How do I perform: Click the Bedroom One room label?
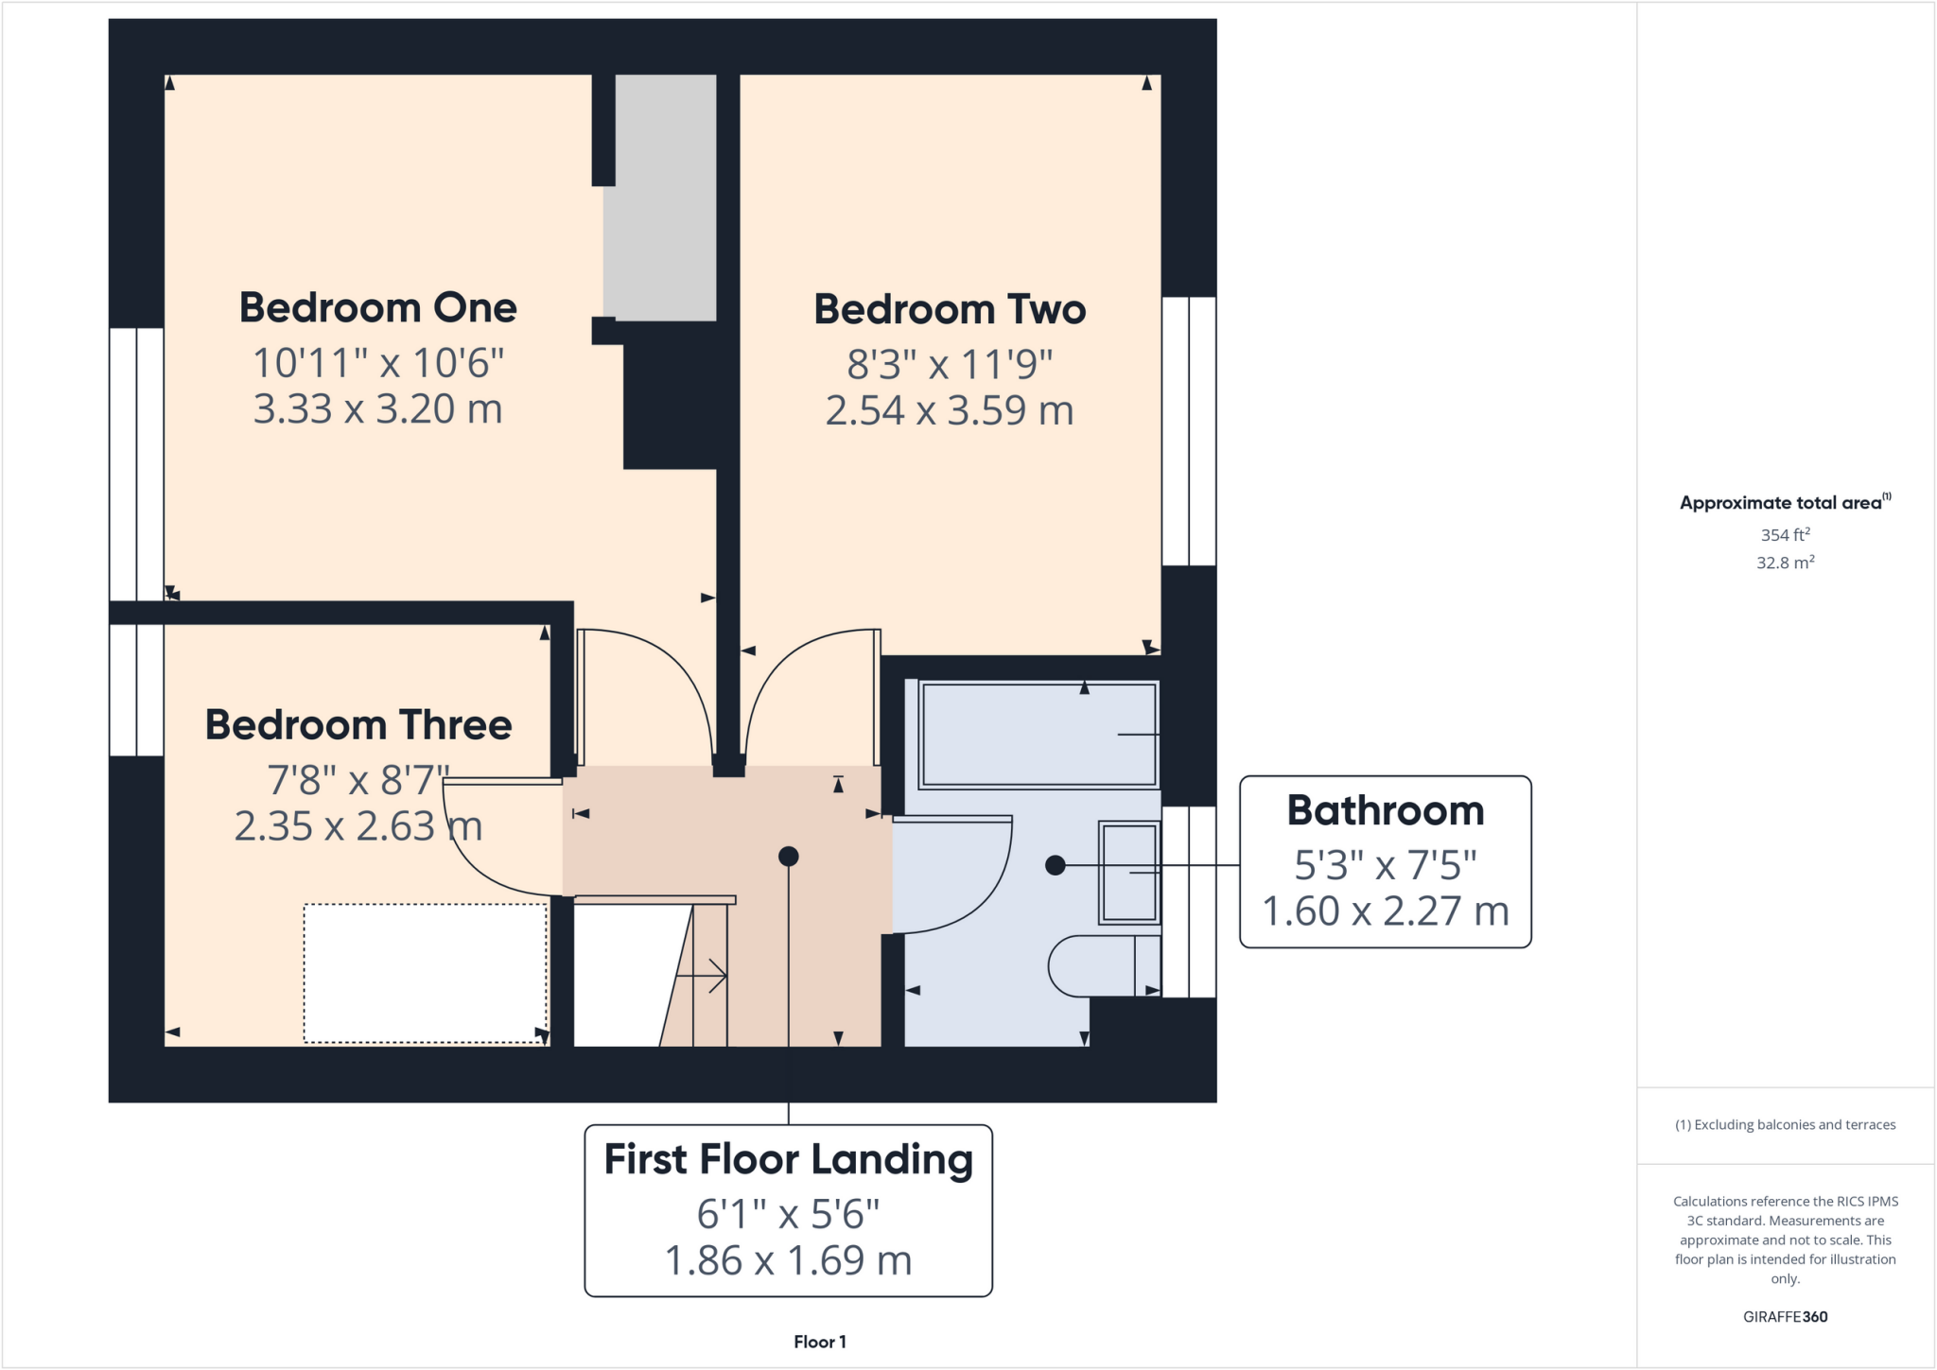click(x=377, y=308)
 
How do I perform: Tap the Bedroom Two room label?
click(x=950, y=310)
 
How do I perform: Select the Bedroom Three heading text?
click(x=358, y=725)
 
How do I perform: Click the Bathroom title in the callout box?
click(x=1385, y=811)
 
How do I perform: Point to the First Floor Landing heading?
click(x=788, y=1160)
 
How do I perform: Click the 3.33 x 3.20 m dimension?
click(x=377, y=409)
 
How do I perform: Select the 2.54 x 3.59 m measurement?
click(x=950, y=411)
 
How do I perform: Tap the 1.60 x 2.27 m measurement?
click(x=1385, y=911)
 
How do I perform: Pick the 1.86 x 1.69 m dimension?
click(x=788, y=1261)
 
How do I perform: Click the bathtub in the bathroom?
click(x=1038, y=734)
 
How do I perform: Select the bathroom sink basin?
click(x=1128, y=872)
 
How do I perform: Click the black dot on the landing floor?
click(x=789, y=857)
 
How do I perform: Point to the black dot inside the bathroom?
click(x=1056, y=865)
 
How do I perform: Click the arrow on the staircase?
click(x=705, y=976)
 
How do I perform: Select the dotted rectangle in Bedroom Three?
click(x=425, y=974)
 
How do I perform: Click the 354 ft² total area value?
click(x=1785, y=535)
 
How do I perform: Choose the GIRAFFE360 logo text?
click(x=1785, y=1317)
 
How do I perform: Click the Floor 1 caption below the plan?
click(x=819, y=1342)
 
